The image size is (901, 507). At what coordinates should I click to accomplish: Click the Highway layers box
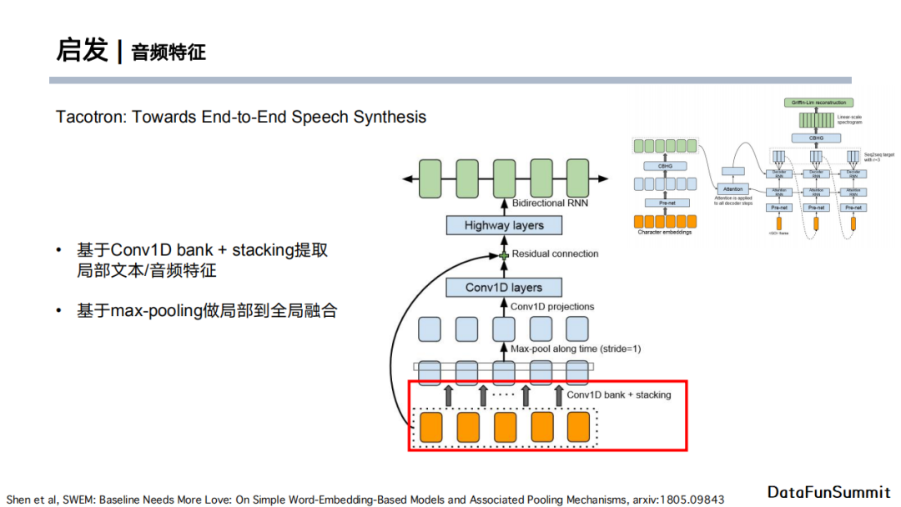[503, 225]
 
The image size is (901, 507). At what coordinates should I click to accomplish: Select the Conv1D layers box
[503, 288]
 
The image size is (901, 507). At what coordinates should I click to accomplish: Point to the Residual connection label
[555, 254]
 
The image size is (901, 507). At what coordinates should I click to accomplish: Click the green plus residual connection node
[503, 254]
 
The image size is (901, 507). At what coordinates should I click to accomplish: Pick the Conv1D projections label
[552, 307]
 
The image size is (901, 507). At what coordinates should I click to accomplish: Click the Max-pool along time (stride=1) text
[576, 349]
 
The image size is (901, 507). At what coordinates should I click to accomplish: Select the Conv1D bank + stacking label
[618, 394]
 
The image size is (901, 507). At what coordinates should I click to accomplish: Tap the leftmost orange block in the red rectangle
[431, 427]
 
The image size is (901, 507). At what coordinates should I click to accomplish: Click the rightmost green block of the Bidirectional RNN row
[577, 178]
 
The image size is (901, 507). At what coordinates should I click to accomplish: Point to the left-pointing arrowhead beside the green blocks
[407, 178]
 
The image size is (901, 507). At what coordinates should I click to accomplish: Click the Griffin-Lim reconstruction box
[815, 102]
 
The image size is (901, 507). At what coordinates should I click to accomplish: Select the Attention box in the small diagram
[732, 189]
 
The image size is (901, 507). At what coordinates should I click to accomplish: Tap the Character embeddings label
[664, 232]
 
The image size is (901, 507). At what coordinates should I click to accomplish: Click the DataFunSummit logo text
[828, 492]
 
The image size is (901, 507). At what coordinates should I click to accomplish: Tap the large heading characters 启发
[82, 50]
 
